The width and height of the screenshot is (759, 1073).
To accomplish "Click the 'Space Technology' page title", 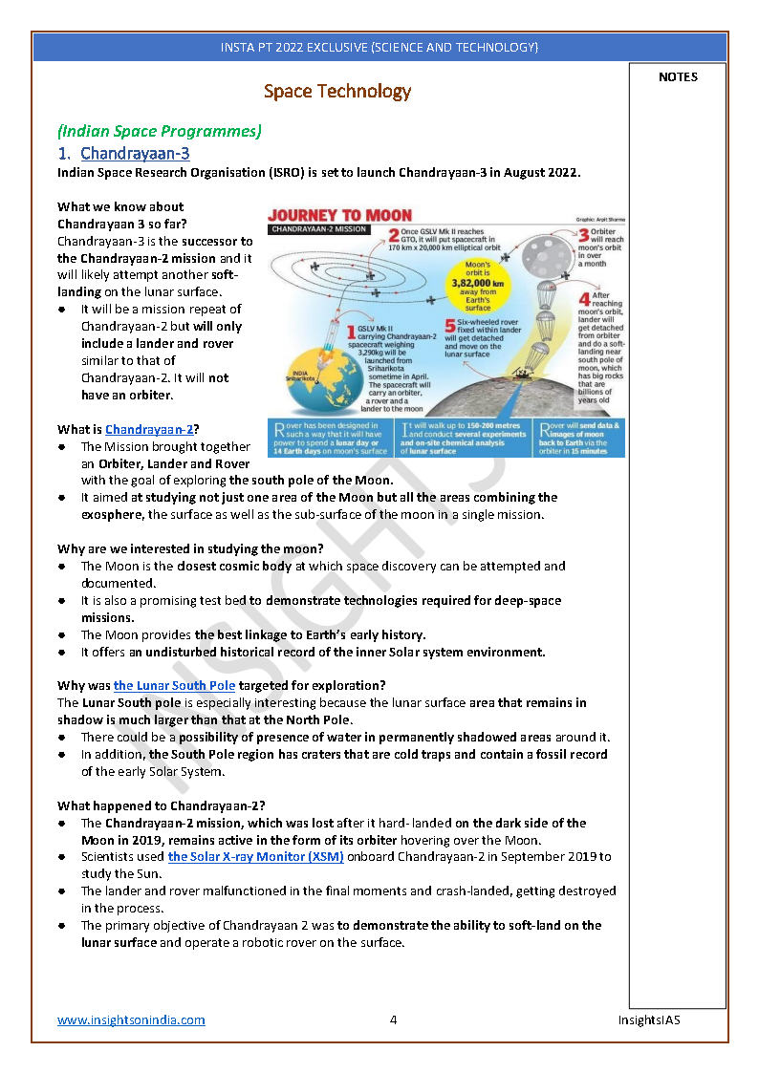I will click(x=337, y=92).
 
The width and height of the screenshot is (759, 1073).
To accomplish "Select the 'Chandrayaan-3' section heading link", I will click(x=135, y=154).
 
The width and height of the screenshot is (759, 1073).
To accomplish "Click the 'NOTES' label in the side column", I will click(x=678, y=77).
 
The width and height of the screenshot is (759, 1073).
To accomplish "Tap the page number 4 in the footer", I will click(x=393, y=1019).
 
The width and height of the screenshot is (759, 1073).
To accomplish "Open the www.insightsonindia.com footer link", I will click(x=131, y=1019).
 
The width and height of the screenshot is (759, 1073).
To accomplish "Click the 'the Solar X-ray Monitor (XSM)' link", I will click(x=255, y=856).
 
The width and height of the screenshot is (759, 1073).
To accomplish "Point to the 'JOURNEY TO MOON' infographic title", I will click(x=339, y=215).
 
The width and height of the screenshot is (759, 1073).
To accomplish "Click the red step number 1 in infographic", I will click(x=351, y=333).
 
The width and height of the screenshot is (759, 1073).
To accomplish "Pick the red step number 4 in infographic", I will click(x=583, y=298).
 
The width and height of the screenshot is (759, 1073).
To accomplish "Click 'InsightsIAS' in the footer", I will click(x=648, y=1019).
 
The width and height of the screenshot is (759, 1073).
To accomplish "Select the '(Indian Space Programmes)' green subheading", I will click(x=159, y=131).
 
